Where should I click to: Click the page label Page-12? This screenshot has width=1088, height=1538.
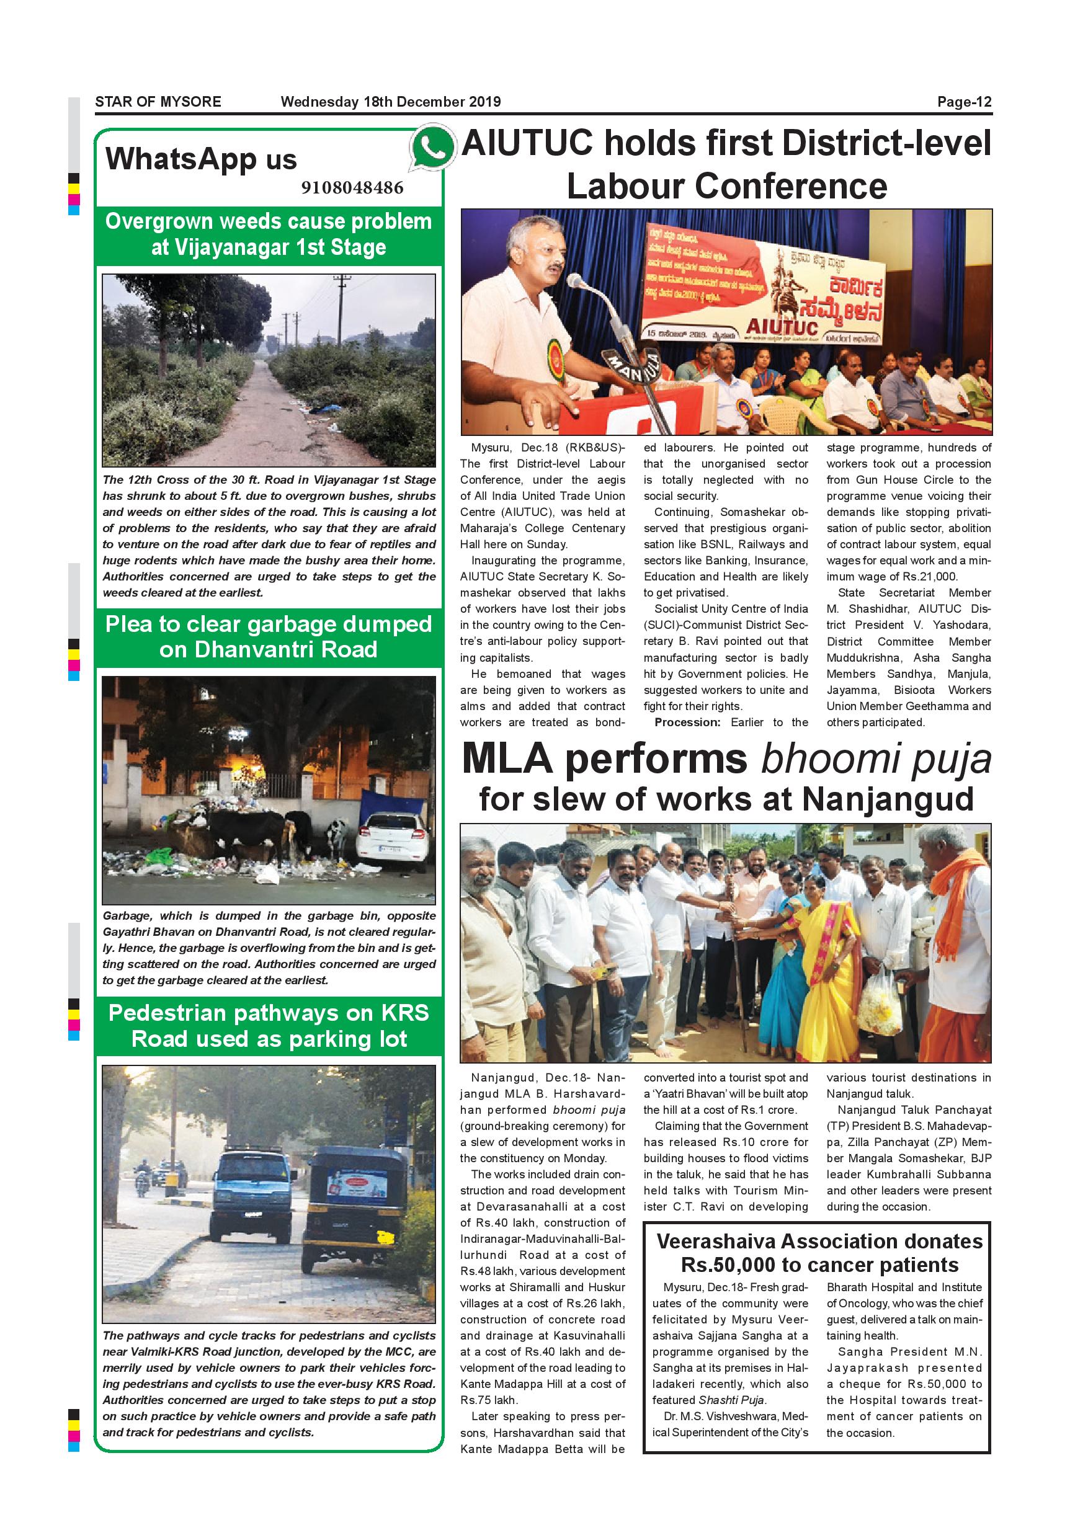point(964,102)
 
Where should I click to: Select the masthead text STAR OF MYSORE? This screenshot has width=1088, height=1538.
point(158,102)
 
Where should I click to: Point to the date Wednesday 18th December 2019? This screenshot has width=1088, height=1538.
point(391,102)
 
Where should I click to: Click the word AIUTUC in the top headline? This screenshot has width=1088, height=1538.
point(527,144)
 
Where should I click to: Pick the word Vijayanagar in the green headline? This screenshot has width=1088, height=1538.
point(230,247)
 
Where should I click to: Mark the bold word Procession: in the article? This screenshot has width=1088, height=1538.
point(687,722)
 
